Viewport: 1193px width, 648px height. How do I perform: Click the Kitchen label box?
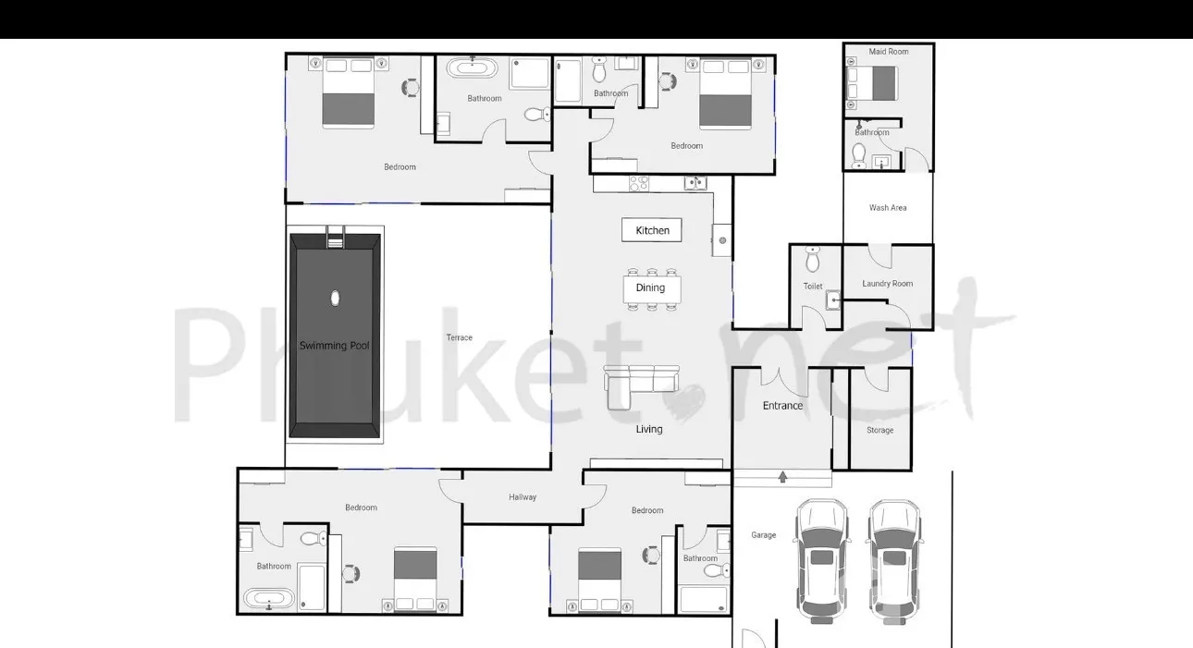[651, 230]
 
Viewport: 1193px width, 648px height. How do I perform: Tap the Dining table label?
[650, 287]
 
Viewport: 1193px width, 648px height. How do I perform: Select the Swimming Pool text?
[334, 346]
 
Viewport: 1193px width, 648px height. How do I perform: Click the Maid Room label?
[889, 52]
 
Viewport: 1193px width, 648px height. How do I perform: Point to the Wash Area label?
[887, 208]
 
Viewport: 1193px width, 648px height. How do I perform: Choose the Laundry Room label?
[887, 284]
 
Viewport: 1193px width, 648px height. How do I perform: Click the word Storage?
[879, 430]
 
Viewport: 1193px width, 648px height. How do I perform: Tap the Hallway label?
[522, 497]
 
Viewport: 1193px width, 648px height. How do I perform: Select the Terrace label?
[459, 337]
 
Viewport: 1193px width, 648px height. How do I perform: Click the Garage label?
[763, 535]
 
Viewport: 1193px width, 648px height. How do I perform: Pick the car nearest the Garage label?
[821, 561]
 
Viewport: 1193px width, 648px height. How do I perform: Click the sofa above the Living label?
[641, 387]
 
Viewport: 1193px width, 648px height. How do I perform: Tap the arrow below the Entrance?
[782, 477]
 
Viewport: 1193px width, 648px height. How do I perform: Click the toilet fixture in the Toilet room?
[812, 259]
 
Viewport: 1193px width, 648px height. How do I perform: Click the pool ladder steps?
[335, 238]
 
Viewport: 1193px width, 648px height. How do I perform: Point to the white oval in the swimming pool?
[335, 299]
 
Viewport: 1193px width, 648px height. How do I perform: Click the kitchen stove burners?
[639, 184]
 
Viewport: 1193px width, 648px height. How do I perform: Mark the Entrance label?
[782, 406]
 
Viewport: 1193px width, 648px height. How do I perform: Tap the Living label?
[649, 429]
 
